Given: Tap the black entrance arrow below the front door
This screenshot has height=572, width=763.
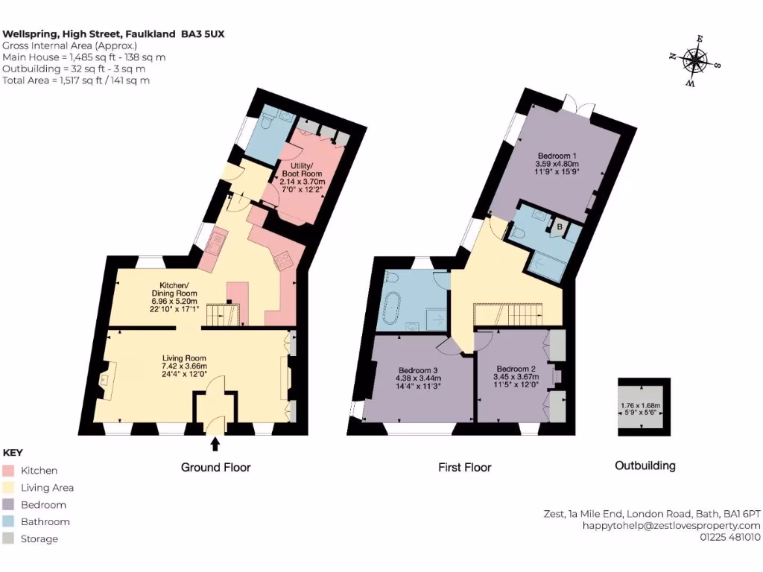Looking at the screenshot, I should click(215, 445).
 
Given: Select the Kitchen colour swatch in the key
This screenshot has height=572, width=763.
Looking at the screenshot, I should click(9, 471).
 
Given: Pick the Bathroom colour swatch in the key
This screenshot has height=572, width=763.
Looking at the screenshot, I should click(9, 522).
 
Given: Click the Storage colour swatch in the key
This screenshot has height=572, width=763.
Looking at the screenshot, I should click(9, 539).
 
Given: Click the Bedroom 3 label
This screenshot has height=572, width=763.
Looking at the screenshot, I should click(417, 378).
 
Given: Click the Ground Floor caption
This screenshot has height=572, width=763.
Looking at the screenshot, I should click(215, 468).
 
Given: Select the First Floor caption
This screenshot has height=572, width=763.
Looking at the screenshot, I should click(464, 468).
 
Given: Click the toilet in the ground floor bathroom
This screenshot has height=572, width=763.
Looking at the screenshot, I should click(269, 121).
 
